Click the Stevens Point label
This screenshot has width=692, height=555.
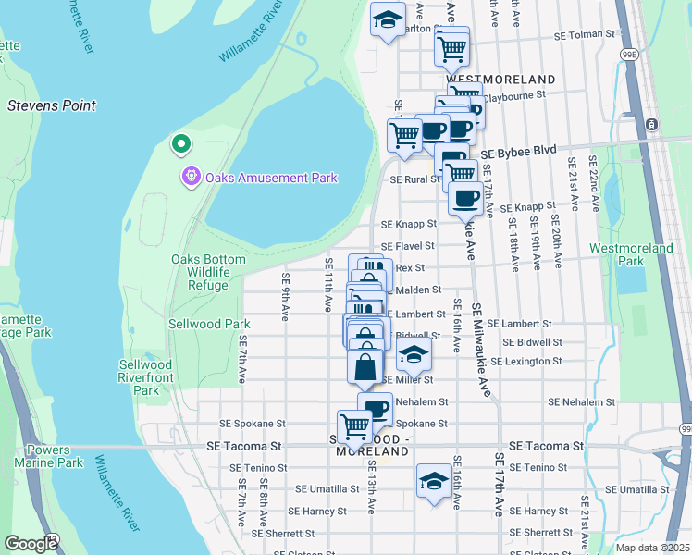(x=52, y=105)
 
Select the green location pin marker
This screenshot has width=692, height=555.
(x=180, y=144)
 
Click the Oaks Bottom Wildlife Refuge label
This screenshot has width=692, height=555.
(x=199, y=272)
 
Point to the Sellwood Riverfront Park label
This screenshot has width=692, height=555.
(x=146, y=377)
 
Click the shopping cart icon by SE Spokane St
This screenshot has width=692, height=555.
(x=355, y=425)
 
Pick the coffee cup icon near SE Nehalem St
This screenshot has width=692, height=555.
(x=376, y=408)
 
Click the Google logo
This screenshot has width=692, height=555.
(x=31, y=544)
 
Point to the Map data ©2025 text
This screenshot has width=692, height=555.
(x=653, y=547)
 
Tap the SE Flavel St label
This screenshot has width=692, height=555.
(x=408, y=246)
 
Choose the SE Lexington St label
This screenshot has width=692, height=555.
(x=538, y=361)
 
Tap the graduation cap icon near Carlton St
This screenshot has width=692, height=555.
(x=389, y=19)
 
